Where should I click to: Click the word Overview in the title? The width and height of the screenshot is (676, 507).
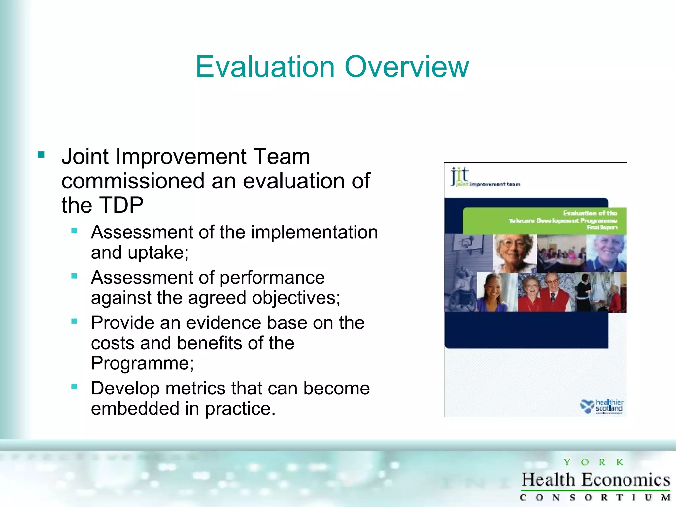click(407, 67)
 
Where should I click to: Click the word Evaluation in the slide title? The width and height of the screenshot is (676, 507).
click(265, 67)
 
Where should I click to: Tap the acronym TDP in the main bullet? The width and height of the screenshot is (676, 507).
click(121, 205)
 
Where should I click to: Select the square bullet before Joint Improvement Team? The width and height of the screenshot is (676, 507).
click(41, 155)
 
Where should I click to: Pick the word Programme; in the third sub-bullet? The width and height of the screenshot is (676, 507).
click(142, 363)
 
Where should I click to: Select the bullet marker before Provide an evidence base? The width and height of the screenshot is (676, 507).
click(74, 321)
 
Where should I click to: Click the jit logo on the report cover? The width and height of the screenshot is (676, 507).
click(460, 176)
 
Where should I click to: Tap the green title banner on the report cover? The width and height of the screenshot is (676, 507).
click(545, 220)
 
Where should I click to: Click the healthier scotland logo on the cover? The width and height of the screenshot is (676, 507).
click(601, 406)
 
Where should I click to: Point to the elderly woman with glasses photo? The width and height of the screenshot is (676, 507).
click(514, 253)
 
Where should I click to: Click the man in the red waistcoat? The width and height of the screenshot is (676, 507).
click(555, 293)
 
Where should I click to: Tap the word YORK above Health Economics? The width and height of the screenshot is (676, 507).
click(593, 462)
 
